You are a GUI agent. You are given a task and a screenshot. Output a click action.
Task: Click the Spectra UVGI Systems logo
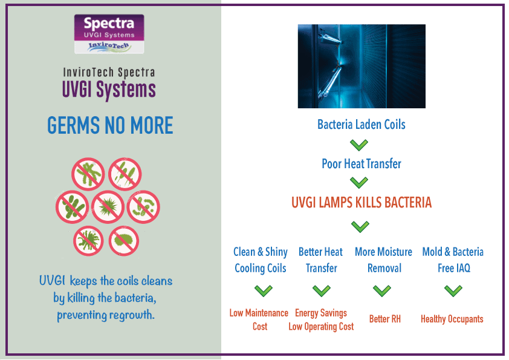click(x=109, y=34)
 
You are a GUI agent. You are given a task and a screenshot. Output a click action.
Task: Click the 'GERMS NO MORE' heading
click(x=110, y=125)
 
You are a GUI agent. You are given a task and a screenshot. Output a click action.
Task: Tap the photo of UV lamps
click(x=361, y=66)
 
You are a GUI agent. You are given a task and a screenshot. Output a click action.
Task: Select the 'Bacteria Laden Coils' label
click(x=361, y=125)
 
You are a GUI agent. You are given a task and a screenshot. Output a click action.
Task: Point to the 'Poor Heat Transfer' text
click(x=361, y=164)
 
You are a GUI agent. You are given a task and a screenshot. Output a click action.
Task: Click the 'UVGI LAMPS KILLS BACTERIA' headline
click(x=361, y=203)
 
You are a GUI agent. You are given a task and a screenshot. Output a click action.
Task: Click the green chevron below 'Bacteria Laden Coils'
click(x=359, y=145)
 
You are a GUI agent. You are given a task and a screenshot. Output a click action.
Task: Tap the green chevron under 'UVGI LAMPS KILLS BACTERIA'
click(x=360, y=226)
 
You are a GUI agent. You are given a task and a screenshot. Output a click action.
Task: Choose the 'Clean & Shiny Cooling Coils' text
click(x=261, y=260)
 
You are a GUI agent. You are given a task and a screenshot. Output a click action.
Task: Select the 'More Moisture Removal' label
click(x=384, y=260)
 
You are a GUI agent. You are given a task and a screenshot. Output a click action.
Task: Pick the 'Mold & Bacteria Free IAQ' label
click(x=453, y=260)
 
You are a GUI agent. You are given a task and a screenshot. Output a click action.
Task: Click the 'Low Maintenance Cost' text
click(x=259, y=319)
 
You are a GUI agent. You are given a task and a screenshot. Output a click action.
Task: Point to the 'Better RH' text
click(x=385, y=319)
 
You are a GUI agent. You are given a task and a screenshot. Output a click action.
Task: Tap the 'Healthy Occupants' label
click(x=452, y=319)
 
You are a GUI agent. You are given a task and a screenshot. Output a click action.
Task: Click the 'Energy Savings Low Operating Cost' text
click(x=321, y=319)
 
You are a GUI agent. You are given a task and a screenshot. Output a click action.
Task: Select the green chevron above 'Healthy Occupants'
click(x=453, y=290)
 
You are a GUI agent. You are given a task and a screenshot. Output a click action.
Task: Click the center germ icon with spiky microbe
click(x=108, y=207)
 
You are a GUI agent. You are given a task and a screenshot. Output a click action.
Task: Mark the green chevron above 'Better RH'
click(x=382, y=290)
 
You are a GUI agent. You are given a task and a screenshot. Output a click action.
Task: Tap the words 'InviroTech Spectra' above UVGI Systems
click(x=109, y=72)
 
